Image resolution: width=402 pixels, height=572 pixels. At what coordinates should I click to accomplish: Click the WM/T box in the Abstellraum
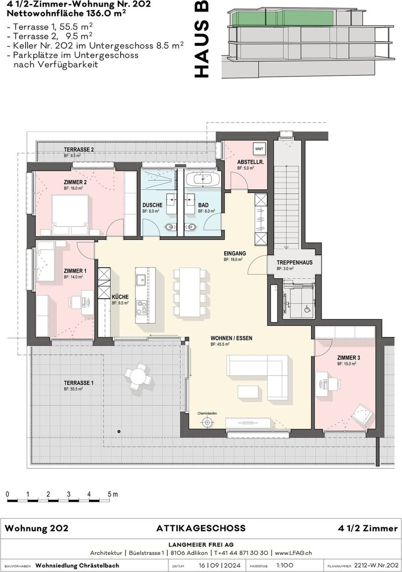(x=259, y=150)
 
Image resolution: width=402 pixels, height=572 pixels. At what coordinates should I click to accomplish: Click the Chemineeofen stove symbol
(x=206, y=423)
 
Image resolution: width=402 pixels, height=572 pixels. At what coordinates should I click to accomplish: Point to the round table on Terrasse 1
(x=137, y=375)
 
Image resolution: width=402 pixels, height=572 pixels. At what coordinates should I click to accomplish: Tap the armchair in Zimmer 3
(x=362, y=414)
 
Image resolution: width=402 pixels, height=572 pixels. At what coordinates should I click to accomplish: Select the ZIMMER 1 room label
(x=75, y=271)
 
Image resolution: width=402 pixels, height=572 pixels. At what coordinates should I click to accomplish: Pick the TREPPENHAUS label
(x=294, y=263)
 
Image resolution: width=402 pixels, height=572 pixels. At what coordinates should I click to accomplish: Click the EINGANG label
(x=235, y=254)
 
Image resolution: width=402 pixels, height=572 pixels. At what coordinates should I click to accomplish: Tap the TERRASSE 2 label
(x=78, y=150)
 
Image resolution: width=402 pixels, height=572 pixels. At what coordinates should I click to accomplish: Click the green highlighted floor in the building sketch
(x=281, y=19)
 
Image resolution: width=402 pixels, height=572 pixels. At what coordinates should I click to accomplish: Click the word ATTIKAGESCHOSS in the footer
(x=201, y=528)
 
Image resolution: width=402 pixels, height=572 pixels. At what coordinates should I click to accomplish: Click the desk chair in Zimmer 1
(x=85, y=302)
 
